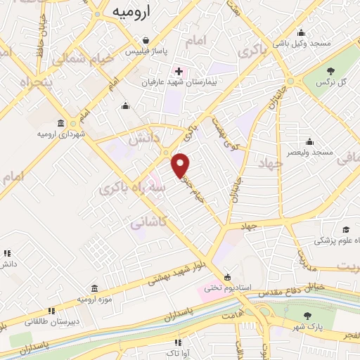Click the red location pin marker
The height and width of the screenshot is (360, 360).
coord(181,165)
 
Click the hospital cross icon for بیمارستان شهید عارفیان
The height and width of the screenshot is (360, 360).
coord(179,71)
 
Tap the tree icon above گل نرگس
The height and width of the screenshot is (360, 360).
coord(330,71)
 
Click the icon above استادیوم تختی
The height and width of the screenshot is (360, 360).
coord(226,276)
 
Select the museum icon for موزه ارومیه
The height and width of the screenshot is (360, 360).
coord(94,288)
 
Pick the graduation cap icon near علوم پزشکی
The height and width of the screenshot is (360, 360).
coord(346,230)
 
